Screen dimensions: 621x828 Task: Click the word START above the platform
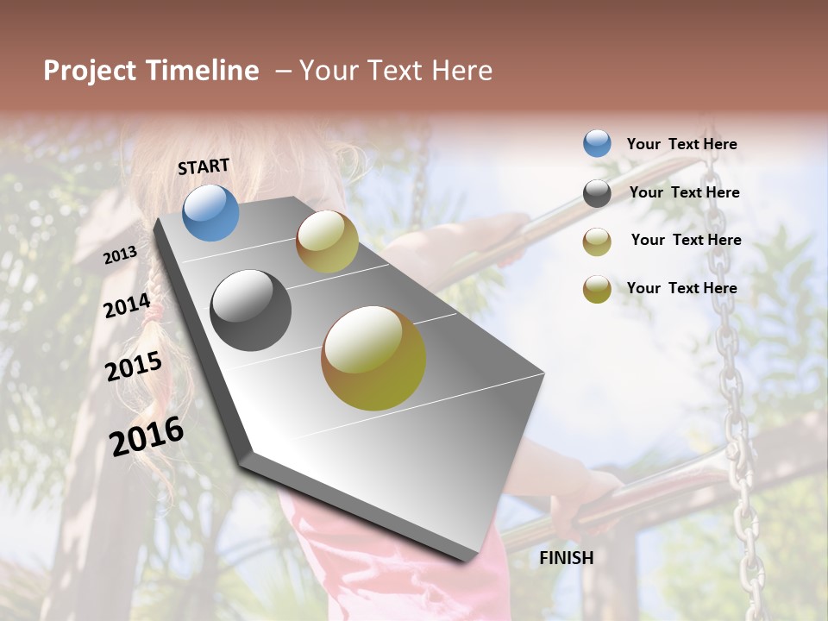204,166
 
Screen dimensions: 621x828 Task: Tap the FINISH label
566,558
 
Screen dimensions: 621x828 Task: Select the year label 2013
120,255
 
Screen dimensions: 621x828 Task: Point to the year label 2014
127,306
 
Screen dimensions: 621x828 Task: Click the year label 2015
134,367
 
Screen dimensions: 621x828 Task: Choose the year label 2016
147,436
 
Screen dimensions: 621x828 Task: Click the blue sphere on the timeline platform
210,212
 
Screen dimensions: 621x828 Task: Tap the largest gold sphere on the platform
373,358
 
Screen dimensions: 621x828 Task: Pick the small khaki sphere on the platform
327,241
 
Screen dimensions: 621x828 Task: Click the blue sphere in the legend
597,143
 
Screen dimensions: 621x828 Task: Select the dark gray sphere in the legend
597,193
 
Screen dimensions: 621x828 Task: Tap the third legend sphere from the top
597,241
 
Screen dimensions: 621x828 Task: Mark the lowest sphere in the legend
597,289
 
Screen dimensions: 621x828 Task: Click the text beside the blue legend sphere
681,145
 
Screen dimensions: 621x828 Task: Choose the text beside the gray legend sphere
684,193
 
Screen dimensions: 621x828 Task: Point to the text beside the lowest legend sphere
681,288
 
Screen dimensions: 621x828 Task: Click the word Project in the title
90,71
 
